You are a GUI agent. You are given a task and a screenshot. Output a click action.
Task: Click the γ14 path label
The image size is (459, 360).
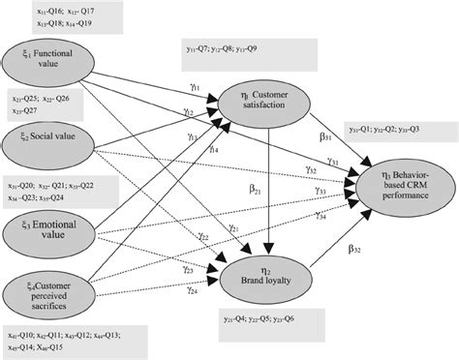(212, 149)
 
